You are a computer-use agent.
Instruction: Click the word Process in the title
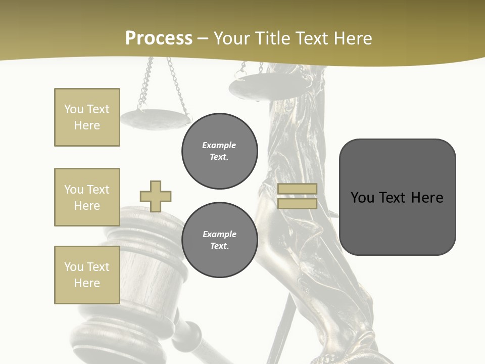pyautogui.click(x=159, y=38)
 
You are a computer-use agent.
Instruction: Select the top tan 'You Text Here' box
pyautogui.click(x=87, y=117)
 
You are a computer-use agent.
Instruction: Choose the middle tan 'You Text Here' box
pyautogui.click(x=87, y=197)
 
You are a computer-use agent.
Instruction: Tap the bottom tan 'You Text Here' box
pyautogui.click(x=87, y=275)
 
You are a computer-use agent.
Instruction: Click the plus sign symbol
pyautogui.click(x=156, y=196)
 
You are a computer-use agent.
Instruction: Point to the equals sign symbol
pyautogui.click(x=297, y=196)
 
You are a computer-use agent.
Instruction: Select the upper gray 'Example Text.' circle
pyautogui.click(x=219, y=151)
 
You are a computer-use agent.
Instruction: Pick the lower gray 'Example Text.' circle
pyautogui.click(x=219, y=240)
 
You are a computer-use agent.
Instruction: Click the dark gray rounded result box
pyautogui.click(x=397, y=197)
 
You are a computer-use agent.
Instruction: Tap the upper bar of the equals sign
pyautogui.click(x=297, y=189)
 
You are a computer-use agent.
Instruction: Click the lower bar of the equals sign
pyautogui.click(x=297, y=203)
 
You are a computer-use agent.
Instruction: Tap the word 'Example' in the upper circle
pyautogui.click(x=219, y=145)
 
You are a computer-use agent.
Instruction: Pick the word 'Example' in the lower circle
pyautogui.click(x=219, y=234)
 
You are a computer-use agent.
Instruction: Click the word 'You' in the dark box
pyautogui.click(x=362, y=197)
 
